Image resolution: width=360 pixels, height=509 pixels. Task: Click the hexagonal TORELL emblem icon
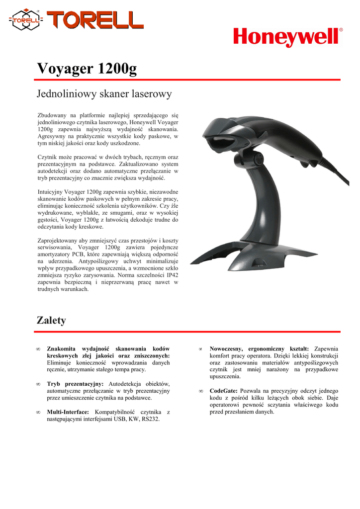point(26,20)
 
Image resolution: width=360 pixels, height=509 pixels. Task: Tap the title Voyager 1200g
point(87,69)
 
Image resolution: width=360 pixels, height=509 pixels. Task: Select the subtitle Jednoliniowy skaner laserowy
point(104,93)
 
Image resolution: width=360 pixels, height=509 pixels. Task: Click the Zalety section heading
point(51,321)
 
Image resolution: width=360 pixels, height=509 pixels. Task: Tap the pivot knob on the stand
point(258,160)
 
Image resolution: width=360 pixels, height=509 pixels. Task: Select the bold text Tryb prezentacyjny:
point(75,384)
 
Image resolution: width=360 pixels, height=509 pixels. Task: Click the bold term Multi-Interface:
point(68,412)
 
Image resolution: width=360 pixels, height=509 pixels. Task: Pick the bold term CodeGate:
point(224,391)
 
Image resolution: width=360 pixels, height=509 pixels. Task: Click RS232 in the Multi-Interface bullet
point(150,420)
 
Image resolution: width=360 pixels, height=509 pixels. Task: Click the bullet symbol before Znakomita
point(38,349)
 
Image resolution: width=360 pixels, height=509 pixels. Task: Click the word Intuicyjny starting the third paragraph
point(50,191)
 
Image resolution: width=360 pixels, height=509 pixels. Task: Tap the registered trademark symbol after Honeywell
point(341,30)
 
